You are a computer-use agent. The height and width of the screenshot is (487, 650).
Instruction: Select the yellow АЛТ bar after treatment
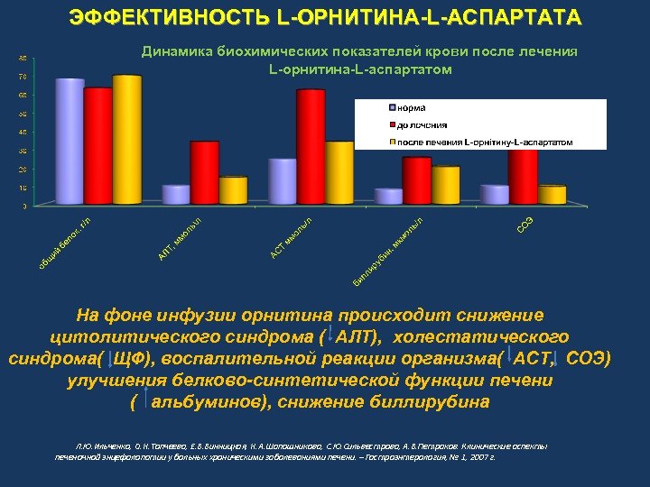point(233,190)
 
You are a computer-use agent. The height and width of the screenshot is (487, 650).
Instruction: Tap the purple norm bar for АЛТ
point(175,195)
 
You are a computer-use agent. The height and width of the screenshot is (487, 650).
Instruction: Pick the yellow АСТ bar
point(339,172)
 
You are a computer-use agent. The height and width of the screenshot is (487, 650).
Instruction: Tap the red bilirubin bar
point(416,180)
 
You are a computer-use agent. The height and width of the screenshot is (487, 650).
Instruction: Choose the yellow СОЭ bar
point(552,195)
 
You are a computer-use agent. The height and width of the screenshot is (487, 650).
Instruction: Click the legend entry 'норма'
point(410,108)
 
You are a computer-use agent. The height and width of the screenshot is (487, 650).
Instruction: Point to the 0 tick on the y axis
point(23,206)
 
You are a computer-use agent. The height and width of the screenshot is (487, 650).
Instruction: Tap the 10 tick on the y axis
point(23,188)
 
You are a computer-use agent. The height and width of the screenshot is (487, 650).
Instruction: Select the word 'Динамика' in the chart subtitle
point(176,52)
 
